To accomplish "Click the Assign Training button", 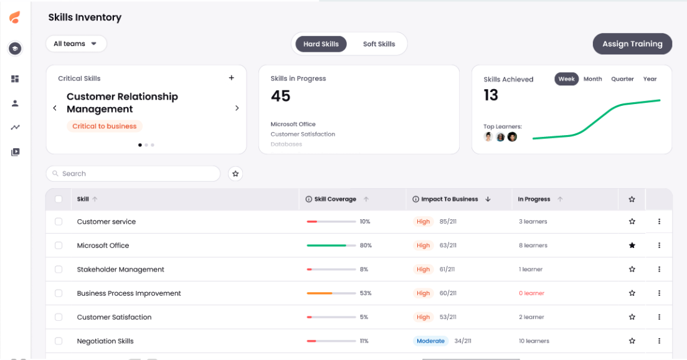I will point(632,44).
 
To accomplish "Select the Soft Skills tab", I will point(379,44).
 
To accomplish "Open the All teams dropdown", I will point(76,44).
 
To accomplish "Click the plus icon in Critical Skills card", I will point(232,78).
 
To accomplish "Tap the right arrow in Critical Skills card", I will point(237,108).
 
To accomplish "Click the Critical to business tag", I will point(104,126).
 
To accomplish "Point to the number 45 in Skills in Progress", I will point(280,96).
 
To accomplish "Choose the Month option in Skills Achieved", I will point(592,79).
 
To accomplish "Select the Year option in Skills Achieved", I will point(650,79).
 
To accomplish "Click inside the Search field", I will point(137,174).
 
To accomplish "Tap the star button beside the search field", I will point(235,174).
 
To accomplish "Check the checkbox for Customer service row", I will point(59,222).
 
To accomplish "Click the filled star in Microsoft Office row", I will point(632,245).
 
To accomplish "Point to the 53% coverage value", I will point(366,293).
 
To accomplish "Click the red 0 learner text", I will point(531,293).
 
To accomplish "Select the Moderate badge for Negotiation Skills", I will point(430,341).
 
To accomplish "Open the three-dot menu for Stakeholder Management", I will point(659,270).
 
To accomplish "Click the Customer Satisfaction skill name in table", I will point(114,317).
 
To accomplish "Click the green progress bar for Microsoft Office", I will point(326,245).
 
